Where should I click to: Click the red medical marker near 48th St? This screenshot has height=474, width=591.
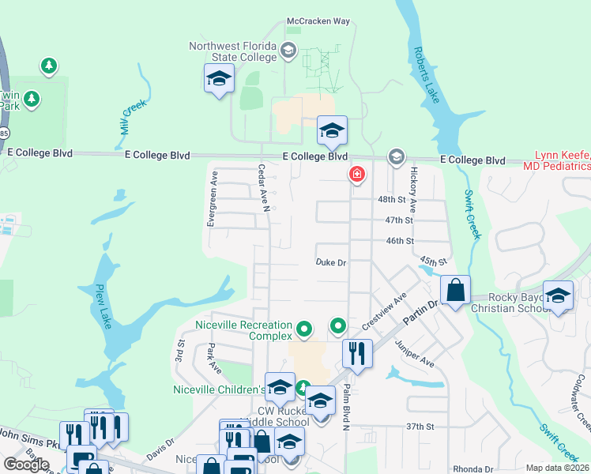pyautogui.click(x=357, y=174)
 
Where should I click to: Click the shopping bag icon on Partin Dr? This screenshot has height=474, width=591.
pyautogui.click(x=456, y=290)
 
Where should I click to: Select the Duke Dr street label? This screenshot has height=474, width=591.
pyautogui.click(x=331, y=261)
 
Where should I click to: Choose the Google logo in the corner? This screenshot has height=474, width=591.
pyautogui.click(x=27, y=465)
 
